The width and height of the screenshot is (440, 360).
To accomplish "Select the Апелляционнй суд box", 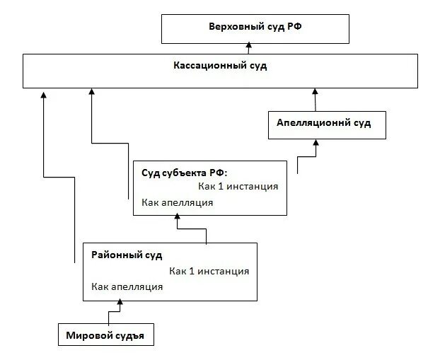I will click(323, 123).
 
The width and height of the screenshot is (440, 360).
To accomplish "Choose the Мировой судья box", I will click(105, 335).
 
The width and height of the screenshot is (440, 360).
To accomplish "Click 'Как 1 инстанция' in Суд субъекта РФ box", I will click(238, 187).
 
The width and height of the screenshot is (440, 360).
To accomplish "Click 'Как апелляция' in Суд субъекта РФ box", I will click(177, 202).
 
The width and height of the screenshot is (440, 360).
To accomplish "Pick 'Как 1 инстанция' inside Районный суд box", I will click(209, 271).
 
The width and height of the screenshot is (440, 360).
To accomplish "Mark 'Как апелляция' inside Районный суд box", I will click(127, 286).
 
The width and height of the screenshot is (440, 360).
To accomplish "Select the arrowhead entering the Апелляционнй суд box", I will click(316, 142).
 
